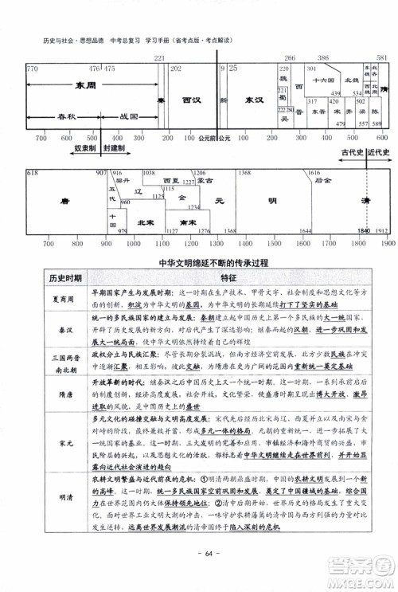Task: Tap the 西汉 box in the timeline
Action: (x=191, y=101)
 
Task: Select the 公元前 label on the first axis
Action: (x=208, y=138)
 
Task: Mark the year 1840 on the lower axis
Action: (x=365, y=230)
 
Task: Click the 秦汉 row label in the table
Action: (x=66, y=325)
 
